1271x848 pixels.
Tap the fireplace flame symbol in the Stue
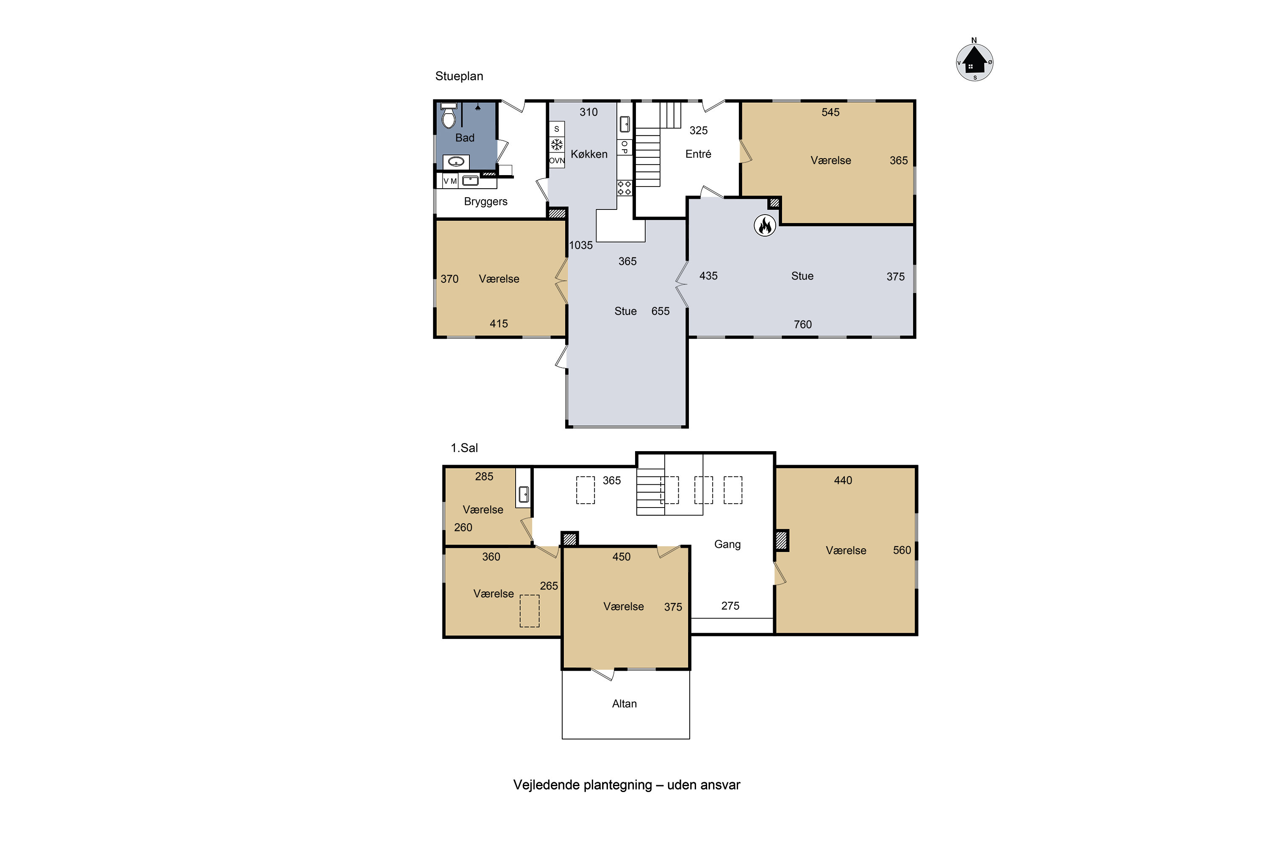(x=765, y=226)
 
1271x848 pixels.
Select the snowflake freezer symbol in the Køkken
(x=557, y=145)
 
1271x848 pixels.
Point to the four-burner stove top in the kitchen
(x=624, y=188)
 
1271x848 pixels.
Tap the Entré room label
(x=698, y=154)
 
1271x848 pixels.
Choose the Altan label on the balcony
(x=624, y=703)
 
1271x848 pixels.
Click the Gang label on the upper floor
(x=727, y=544)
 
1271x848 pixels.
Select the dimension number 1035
(x=581, y=245)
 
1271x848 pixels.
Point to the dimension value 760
(x=802, y=324)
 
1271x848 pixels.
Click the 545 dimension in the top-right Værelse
(x=830, y=112)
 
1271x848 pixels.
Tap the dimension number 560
(x=902, y=550)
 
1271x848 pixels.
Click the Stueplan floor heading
(x=459, y=76)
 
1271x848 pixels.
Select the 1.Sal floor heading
(x=464, y=448)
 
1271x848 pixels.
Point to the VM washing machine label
(x=450, y=181)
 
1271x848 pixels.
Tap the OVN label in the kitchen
(x=557, y=161)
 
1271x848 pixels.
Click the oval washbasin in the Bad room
(x=457, y=162)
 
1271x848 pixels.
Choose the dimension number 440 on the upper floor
(x=843, y=480)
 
